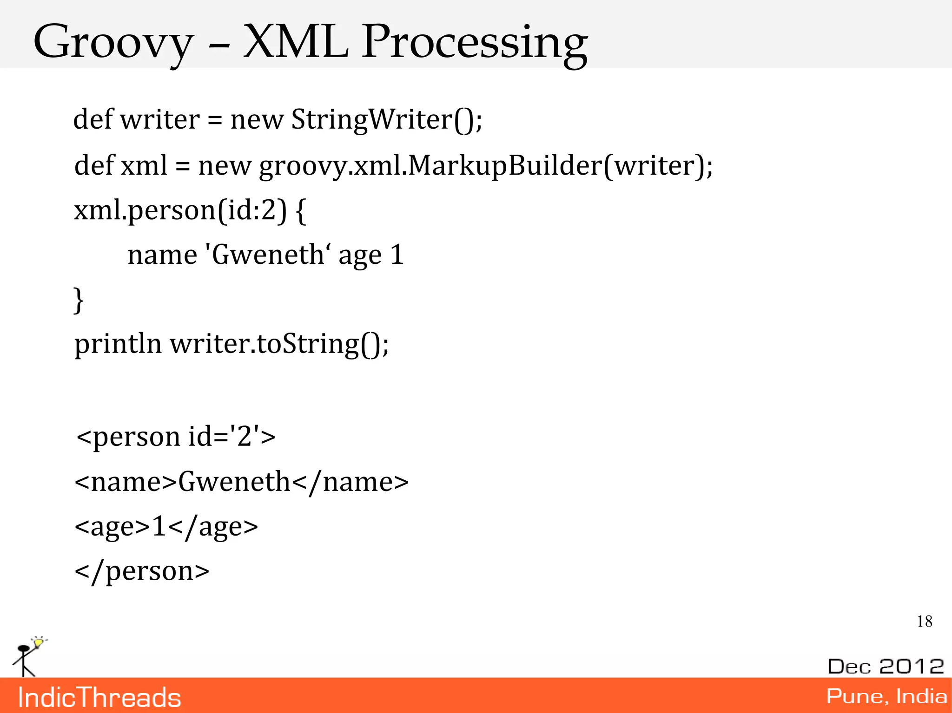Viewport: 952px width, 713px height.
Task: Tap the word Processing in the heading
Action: click(474, 43)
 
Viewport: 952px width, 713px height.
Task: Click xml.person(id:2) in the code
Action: click(180, 210)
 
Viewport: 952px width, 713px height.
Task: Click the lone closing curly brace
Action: click(79, 300)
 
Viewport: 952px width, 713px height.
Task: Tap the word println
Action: click(118, 345)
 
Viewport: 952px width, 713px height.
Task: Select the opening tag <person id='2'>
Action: click(176, 437)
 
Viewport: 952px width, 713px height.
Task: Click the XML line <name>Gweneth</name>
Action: click(241, 482)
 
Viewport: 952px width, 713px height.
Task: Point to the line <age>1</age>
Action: click(166, 527)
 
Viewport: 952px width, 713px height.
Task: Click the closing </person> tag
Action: click(142, 571)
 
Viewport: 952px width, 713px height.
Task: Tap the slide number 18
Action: click(924, 621)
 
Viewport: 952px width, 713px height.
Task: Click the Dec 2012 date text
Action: click(886, 666)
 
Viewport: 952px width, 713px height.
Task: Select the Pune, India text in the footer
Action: click(886, 696)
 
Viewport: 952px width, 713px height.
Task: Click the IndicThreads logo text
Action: click(99, 697)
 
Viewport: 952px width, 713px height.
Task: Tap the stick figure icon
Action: click(26, 657)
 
